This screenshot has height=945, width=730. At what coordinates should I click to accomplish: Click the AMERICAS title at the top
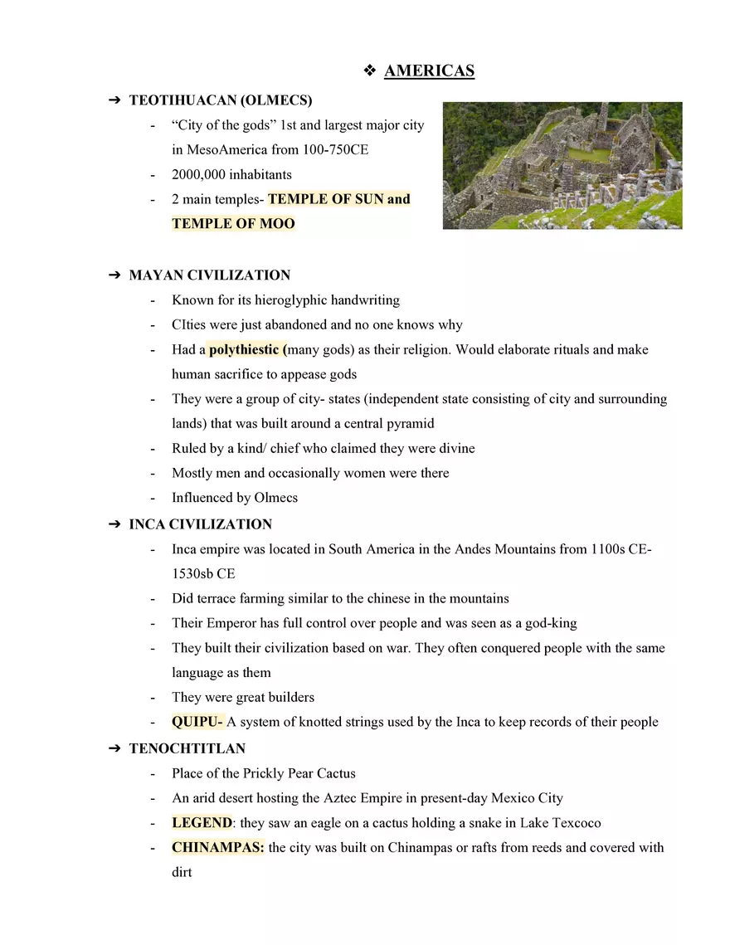click(x=429, y=71)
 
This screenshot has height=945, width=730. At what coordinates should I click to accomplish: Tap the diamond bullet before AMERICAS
click(x=370, y=71)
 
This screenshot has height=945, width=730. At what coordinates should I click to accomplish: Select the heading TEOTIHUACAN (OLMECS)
click(x=221, y=100)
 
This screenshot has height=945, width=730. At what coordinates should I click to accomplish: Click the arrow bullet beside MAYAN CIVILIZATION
click(x=114, y=275)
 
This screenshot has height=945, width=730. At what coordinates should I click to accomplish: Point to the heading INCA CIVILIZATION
click(x=200, y=524)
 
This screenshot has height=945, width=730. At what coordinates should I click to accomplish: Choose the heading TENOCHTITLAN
click(x=187, y=748)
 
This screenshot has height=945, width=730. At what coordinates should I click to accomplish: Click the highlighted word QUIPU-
click(x=197, y=722)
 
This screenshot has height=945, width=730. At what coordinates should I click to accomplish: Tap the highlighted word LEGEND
click(x=202, y=823)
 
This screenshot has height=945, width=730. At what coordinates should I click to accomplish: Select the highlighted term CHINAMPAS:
click(x=217, y=848)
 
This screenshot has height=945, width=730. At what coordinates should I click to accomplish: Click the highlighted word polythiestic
click(x=245, y=349)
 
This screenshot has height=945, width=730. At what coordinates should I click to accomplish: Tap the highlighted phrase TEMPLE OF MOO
click(x=233, y=224)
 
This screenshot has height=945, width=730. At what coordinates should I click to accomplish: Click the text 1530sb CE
click(x=203, y=573)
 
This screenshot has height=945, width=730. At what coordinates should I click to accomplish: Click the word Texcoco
click(x=572, y=823)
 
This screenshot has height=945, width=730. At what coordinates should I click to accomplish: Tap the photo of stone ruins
click(x=562, y=165)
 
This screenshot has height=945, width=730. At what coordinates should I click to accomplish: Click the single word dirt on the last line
click(x=182, y=873)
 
